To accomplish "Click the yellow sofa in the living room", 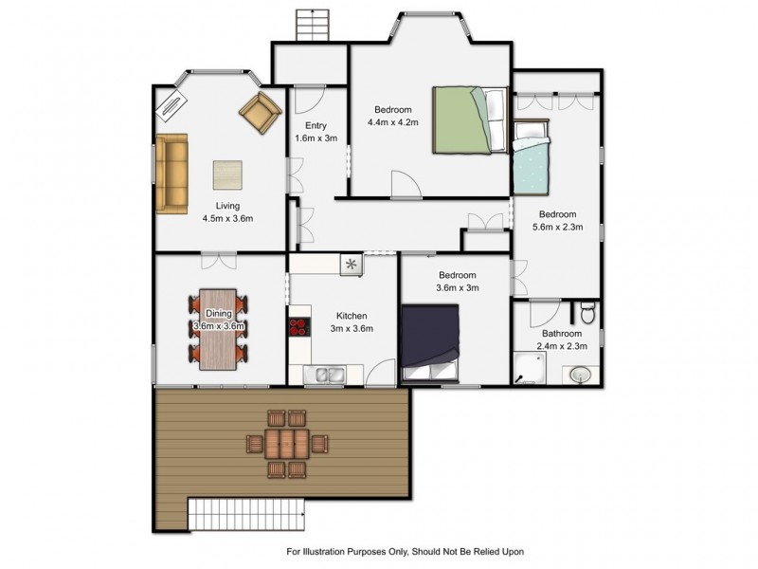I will (x=171, y=173).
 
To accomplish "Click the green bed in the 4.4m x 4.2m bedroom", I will (x=471, y=119).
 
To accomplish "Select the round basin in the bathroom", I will (x=581, y=376).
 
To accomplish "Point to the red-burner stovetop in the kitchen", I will (x=298, y=328).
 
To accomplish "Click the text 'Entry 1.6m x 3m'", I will (x=316, y=132).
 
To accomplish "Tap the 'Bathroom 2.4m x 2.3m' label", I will (x=561, y=340).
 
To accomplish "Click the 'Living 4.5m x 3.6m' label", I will (x=227, y=211).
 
